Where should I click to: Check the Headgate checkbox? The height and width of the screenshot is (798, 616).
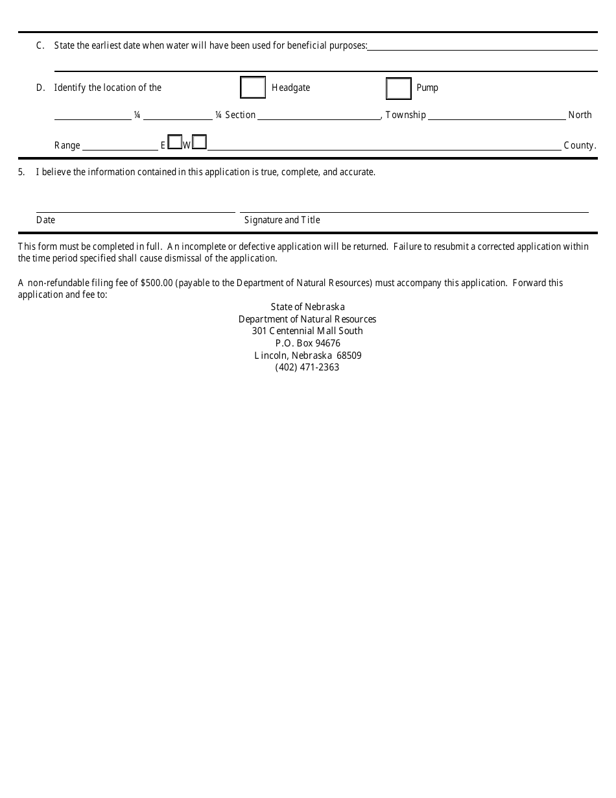[253, 88]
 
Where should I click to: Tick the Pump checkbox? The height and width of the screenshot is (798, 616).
[399, 88]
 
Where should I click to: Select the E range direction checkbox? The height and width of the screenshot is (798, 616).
[174, 142]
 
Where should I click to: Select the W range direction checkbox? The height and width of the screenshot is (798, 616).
[200, 142]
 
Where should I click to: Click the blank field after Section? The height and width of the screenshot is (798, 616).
[318, 115]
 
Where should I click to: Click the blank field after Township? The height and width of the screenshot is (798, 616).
[496, 115]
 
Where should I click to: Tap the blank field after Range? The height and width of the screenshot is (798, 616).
[120, 145]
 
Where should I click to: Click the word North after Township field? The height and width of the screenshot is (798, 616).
[580, 115]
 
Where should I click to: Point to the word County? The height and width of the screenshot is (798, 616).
[579, 145]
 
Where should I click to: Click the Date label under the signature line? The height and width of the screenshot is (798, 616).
[45, 220]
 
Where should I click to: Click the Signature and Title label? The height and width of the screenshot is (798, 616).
[282, 220]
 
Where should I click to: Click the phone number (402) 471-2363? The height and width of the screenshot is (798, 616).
[307, 367]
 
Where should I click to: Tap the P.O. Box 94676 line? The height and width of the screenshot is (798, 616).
[307, 343]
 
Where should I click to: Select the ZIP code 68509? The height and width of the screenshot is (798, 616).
[349, 356]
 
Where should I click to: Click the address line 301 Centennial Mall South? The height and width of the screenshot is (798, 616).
[307, 331]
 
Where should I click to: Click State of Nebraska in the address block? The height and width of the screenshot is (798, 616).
[307, 307]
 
